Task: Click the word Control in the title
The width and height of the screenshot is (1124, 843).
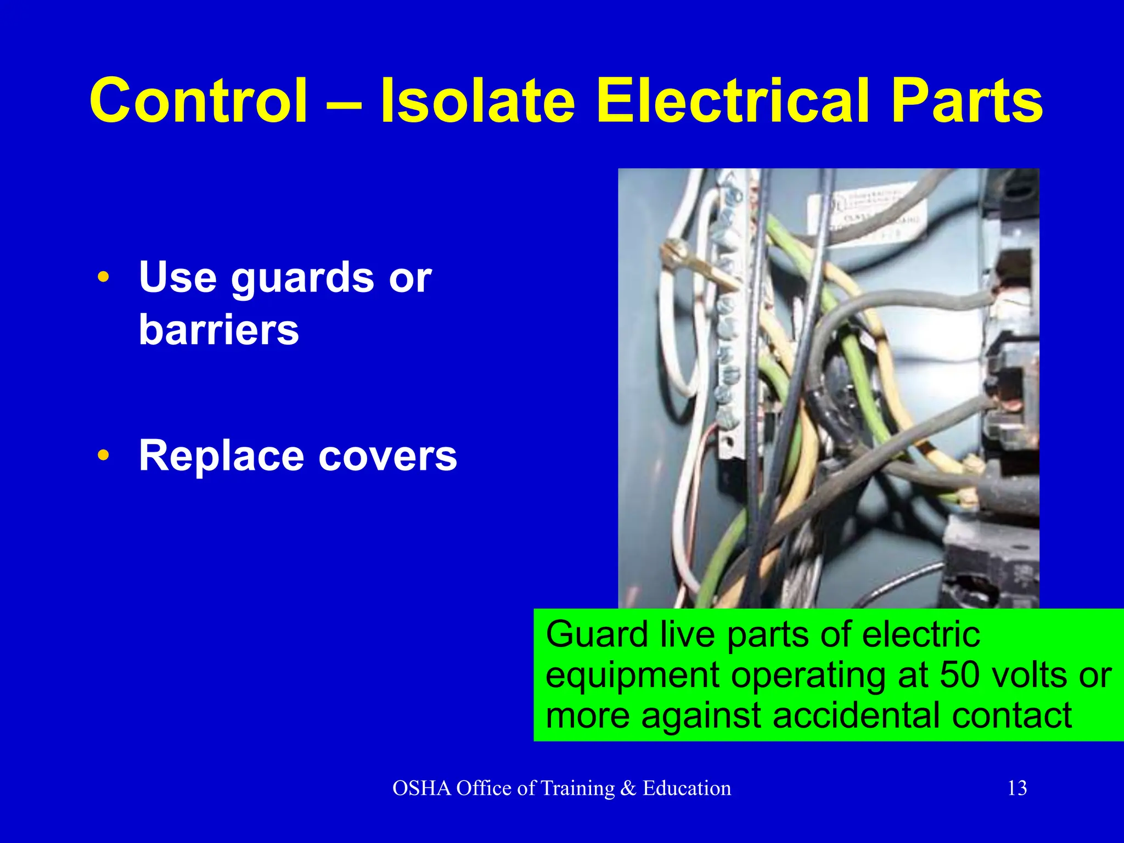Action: [x=198, y=101]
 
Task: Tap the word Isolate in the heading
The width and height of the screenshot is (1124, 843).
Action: [x=477, y=101]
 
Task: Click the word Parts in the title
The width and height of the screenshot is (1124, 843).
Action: [x=966, y=101]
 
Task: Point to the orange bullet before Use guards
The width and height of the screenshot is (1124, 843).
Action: [x=103, y=278]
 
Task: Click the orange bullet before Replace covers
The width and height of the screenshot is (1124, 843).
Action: [x=103, y=456]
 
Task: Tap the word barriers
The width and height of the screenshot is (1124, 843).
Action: [x=219, y=330]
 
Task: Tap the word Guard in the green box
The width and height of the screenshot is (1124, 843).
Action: [x=597, y=634]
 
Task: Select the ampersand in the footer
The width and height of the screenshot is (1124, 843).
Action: [x=628, y=788]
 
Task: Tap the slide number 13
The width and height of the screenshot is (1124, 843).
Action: [x=1017, y=788]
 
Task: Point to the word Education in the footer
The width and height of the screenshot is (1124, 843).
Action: [x=687, y=788]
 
